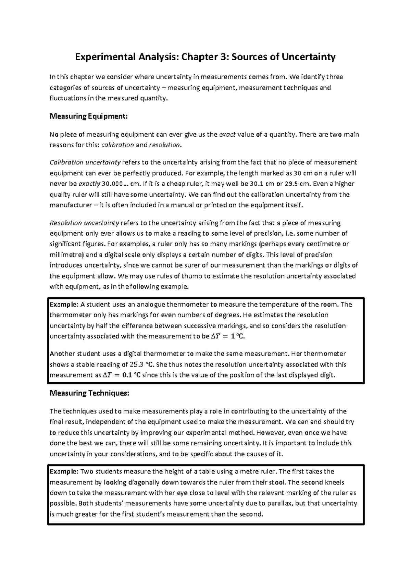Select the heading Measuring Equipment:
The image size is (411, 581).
pos(89,116)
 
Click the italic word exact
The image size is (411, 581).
pos(227,134)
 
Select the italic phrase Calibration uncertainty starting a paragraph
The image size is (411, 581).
pos(85,162)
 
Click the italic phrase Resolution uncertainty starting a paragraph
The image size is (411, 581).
pos(84,223)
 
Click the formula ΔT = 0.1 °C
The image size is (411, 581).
pos(122,375)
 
